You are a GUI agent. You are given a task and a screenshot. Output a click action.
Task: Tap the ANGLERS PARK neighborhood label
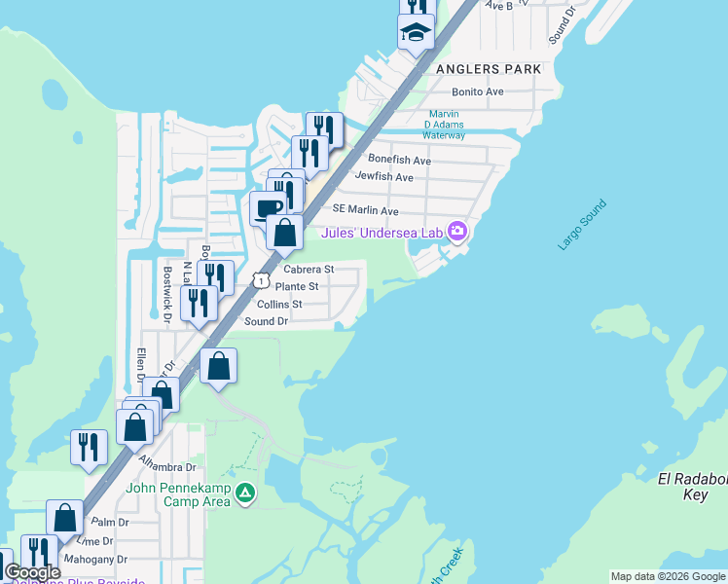[x=490, y=70]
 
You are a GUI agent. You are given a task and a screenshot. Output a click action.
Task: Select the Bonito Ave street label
[x=477, y=91]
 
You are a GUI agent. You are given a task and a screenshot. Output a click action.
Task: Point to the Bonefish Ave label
[x=398, y=160]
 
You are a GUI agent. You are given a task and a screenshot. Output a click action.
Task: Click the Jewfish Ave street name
[x=384, y=177]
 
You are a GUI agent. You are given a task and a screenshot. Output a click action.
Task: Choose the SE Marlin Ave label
[x=365, y=210]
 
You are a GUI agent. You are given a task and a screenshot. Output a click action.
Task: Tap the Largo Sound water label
[x=582, y=225]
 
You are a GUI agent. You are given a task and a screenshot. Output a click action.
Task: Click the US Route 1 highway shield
[x=261, y=280]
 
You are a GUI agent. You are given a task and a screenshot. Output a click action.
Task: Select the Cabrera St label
[x=309, y=269]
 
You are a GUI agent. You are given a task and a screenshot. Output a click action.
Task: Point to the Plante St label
[x=297, y=286]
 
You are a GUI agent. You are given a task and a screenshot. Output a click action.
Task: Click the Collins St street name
[x=279, y=304]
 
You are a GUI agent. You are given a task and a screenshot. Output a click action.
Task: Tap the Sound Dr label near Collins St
[x=266, y=321]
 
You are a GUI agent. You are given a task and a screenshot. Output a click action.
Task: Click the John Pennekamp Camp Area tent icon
[x=246, y=494]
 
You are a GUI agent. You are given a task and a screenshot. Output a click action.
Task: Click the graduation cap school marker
[x=416, y=32]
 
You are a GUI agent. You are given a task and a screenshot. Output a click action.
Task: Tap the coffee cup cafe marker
[x=268, y=207]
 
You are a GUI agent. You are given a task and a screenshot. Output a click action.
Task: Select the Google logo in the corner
[x=32, y=572]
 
